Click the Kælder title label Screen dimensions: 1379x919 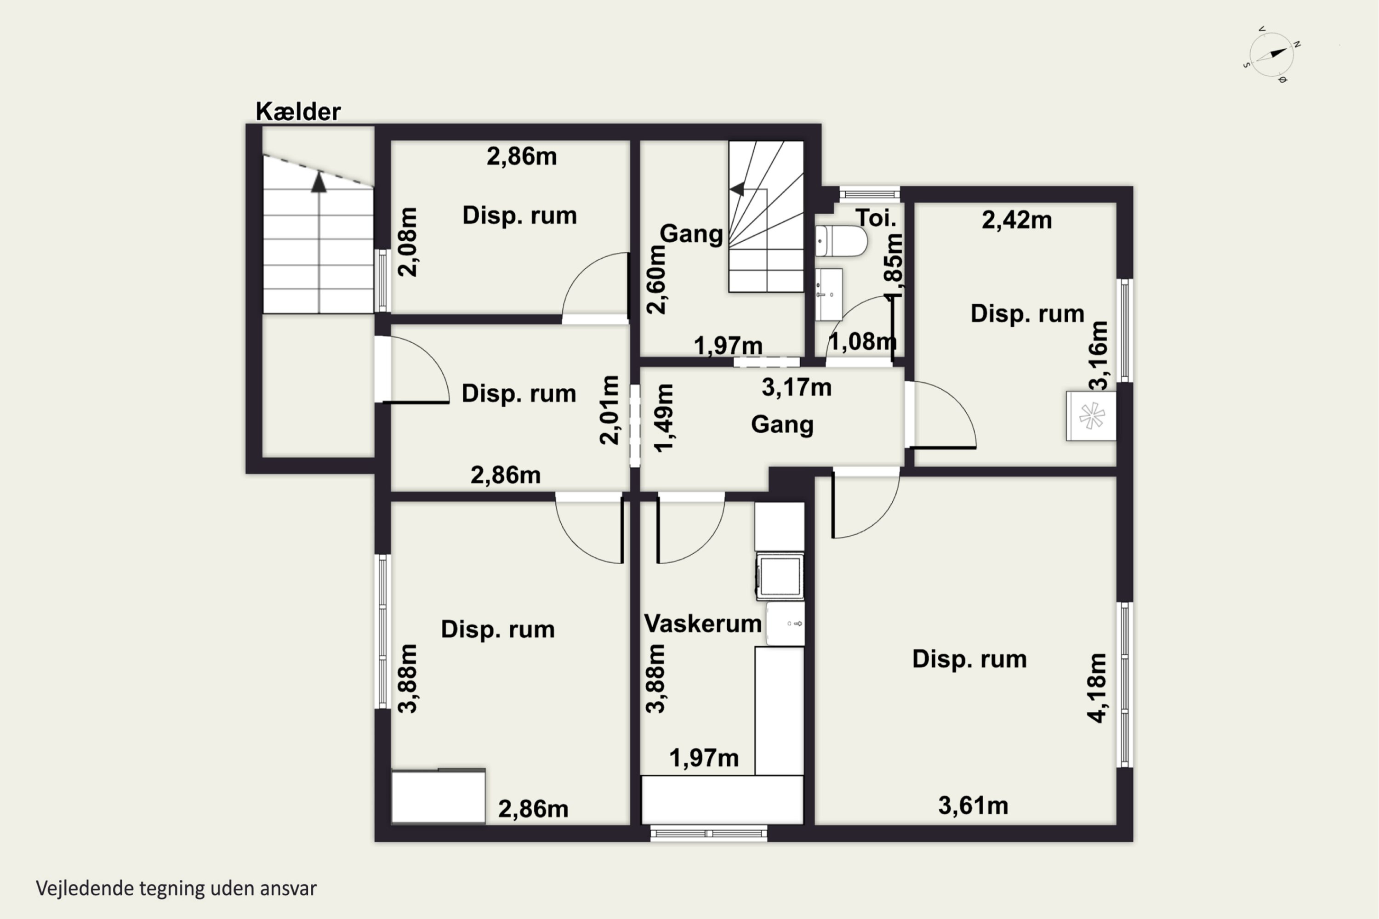[x=298, y=111]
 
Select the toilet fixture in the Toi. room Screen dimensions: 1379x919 [x=841, y=241]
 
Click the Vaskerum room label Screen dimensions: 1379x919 [x=703, y=624]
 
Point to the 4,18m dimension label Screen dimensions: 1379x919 [x=1096, y=687]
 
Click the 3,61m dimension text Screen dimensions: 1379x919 [x=973, y=806]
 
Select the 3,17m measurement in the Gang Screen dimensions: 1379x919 [x=797, y=387]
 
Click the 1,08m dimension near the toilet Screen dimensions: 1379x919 [x=862, y=341]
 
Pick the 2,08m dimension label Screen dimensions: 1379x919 [x=407, y=242]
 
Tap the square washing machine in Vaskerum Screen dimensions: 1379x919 [x=780, y=576]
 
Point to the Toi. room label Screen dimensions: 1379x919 [x=876, y=218]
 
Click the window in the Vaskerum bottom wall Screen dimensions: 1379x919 [x=709, y=833]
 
